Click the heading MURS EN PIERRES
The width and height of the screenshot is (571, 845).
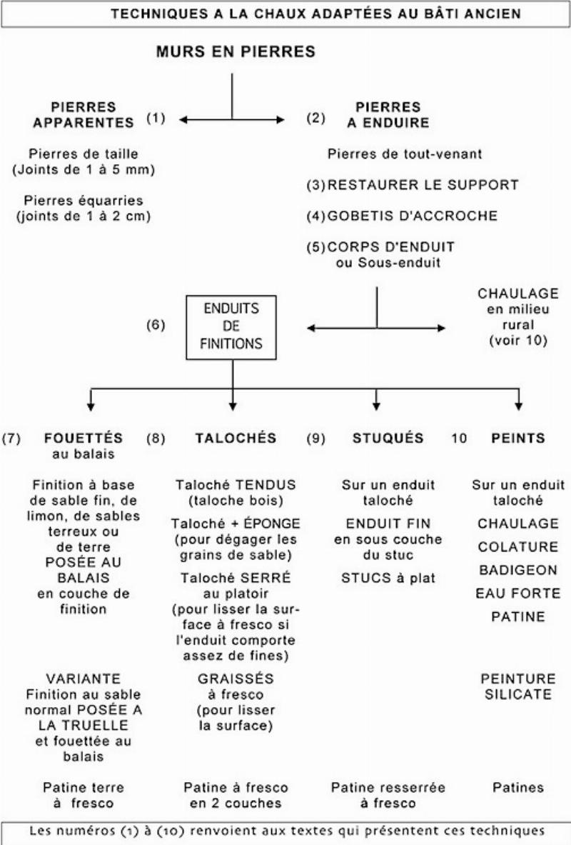tap(235, 52)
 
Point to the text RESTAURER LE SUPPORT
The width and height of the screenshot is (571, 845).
tap(423, 185)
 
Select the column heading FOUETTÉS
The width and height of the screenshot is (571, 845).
tap(83, 438)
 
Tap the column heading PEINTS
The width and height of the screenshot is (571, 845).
tap(518, 438)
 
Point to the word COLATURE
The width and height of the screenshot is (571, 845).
tap(518, 546)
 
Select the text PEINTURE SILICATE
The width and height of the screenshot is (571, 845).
tap(518, 685)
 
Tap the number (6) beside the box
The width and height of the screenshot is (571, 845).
tap(156, 326)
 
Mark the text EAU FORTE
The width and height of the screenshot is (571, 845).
tap(518, 593)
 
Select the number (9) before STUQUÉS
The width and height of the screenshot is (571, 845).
tap(318, 438)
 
